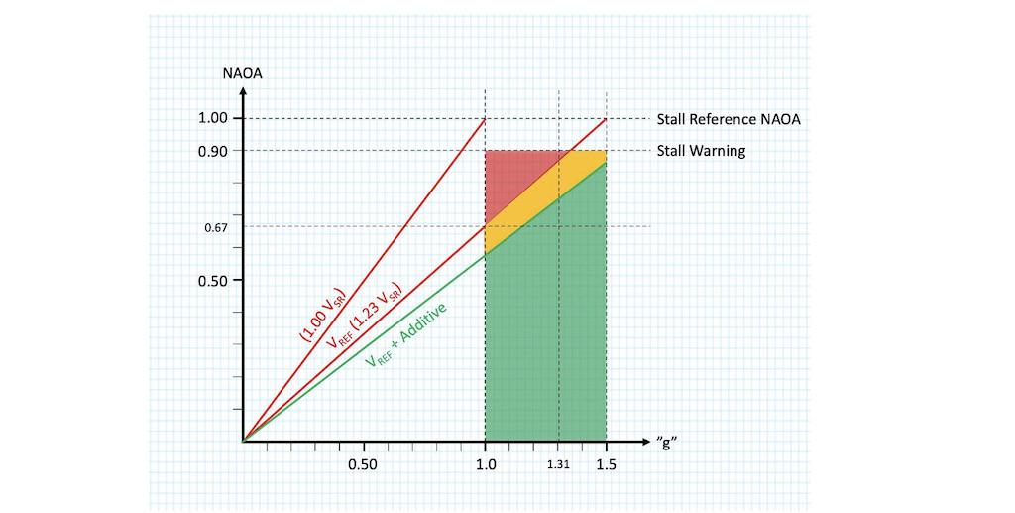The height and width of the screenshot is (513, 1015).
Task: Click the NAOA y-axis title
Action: [242, 72]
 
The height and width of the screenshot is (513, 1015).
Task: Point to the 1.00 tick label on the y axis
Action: [213, 119]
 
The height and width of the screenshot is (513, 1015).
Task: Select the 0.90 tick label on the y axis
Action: [213, 151]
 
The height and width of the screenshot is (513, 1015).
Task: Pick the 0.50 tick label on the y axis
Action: [213, 281]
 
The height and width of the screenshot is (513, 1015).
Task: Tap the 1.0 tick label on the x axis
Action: [485, 465]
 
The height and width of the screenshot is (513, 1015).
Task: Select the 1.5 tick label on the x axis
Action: [606, 465]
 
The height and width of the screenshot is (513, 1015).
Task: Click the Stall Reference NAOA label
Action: [728, 119]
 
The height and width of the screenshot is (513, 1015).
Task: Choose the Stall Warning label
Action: [701, 151]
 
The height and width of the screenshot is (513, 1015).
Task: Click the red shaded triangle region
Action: [510, 179]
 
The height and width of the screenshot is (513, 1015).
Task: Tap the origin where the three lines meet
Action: [243, 441]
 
